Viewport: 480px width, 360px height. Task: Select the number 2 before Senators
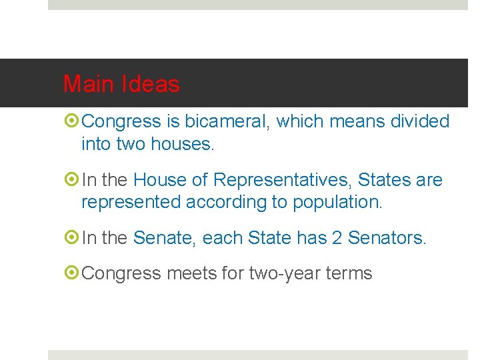click(x=337, y=237)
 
